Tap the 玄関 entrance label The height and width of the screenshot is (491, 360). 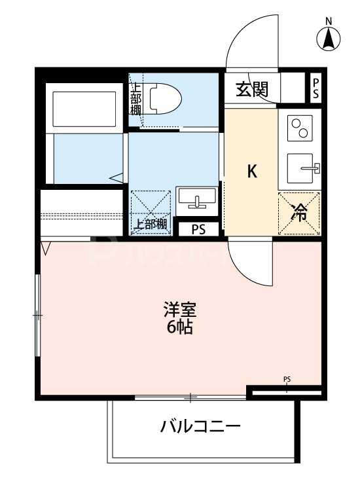(252, 89)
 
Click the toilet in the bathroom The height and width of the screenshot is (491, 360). (164, 98)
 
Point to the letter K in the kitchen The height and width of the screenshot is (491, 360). (251, 172)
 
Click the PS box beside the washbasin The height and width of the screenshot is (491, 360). (198, 229)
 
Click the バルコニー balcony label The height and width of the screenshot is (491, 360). (201, 427)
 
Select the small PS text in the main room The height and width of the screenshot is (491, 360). (287, 379)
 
